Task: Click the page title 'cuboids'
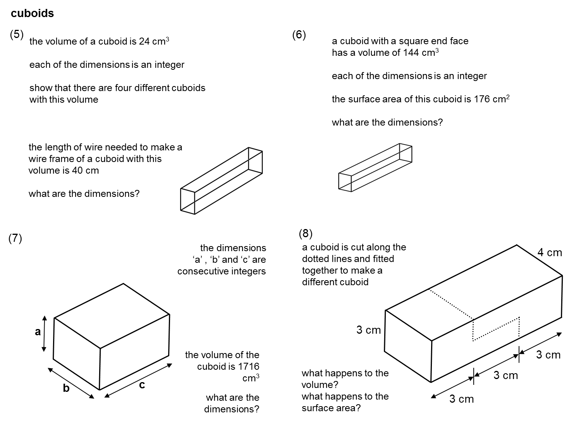pos(32,14)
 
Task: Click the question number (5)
pos(17,34)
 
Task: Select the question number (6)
pos(299,35)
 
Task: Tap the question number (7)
pos(15,238)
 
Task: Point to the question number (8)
pos(306,233)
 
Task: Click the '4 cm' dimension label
pos(549,253)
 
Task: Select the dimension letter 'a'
pos(38,332)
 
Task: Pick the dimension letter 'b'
pos(66,388)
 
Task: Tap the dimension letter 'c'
pos(142,385)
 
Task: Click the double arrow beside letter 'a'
pos(44,334)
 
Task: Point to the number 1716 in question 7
pos(248,366)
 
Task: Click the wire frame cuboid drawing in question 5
pos(221,181)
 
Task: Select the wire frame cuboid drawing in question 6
pos(375,167)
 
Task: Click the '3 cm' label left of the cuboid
pos(368,330)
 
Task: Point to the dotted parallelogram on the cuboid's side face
pos(496,329)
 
